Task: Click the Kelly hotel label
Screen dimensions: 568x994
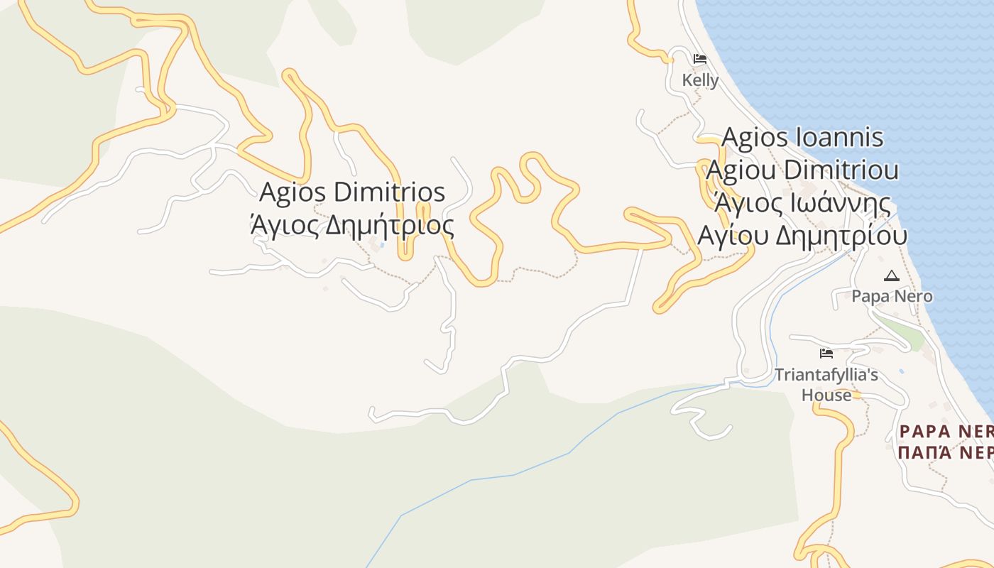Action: (700, 80)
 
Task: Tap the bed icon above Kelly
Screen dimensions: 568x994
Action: (700, 59)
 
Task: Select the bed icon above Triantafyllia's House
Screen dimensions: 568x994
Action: (826, 353)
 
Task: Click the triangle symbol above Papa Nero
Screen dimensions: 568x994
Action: (892, 275)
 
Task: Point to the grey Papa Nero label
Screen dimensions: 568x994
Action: (892, 296)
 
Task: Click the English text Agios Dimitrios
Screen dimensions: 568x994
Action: (352, 192)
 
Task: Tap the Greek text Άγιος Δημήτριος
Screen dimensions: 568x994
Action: (352, 225)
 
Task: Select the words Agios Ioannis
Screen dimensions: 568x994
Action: (802, 137)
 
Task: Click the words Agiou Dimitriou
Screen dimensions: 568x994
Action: (802, 170)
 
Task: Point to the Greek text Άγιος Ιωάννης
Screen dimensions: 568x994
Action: (802, 203)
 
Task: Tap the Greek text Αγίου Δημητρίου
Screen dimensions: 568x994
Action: (802, 236)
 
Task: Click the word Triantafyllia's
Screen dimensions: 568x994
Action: (826, 375)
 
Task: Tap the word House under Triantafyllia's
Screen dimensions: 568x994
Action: (826, 395)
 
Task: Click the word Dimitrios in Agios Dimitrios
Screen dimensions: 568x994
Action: (389, 192)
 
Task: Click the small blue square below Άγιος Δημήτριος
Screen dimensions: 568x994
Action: (383, 245)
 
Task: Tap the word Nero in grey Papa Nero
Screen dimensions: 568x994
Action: (914, 296)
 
